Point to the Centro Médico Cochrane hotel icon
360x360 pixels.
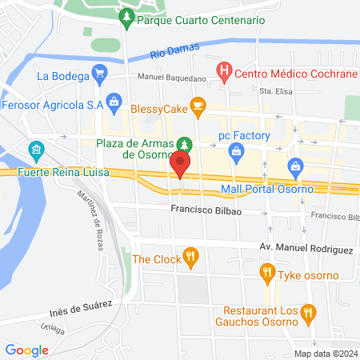tap(225, 74)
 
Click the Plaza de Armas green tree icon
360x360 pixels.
tap(185, 144)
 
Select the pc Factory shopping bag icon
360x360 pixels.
tap(236, 150)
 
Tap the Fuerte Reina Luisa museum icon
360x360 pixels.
tap(35, 150)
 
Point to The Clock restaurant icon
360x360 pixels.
tap(190, 258)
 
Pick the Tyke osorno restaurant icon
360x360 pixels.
tap(268, 275)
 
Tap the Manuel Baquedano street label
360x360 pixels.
tap(171, 78)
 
